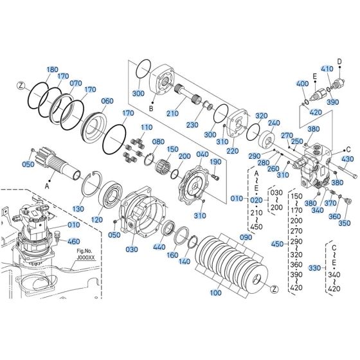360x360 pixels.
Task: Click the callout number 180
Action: (52, 69)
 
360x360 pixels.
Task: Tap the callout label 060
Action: (107, 101)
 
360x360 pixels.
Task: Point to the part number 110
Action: (147, 127)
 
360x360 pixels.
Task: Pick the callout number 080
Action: (158, 141)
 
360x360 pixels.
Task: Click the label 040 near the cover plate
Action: (203, 154)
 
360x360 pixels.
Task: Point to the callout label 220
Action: (232, 151)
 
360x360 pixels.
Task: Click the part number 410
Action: (326, 69)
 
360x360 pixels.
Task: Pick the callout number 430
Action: (347, 159)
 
